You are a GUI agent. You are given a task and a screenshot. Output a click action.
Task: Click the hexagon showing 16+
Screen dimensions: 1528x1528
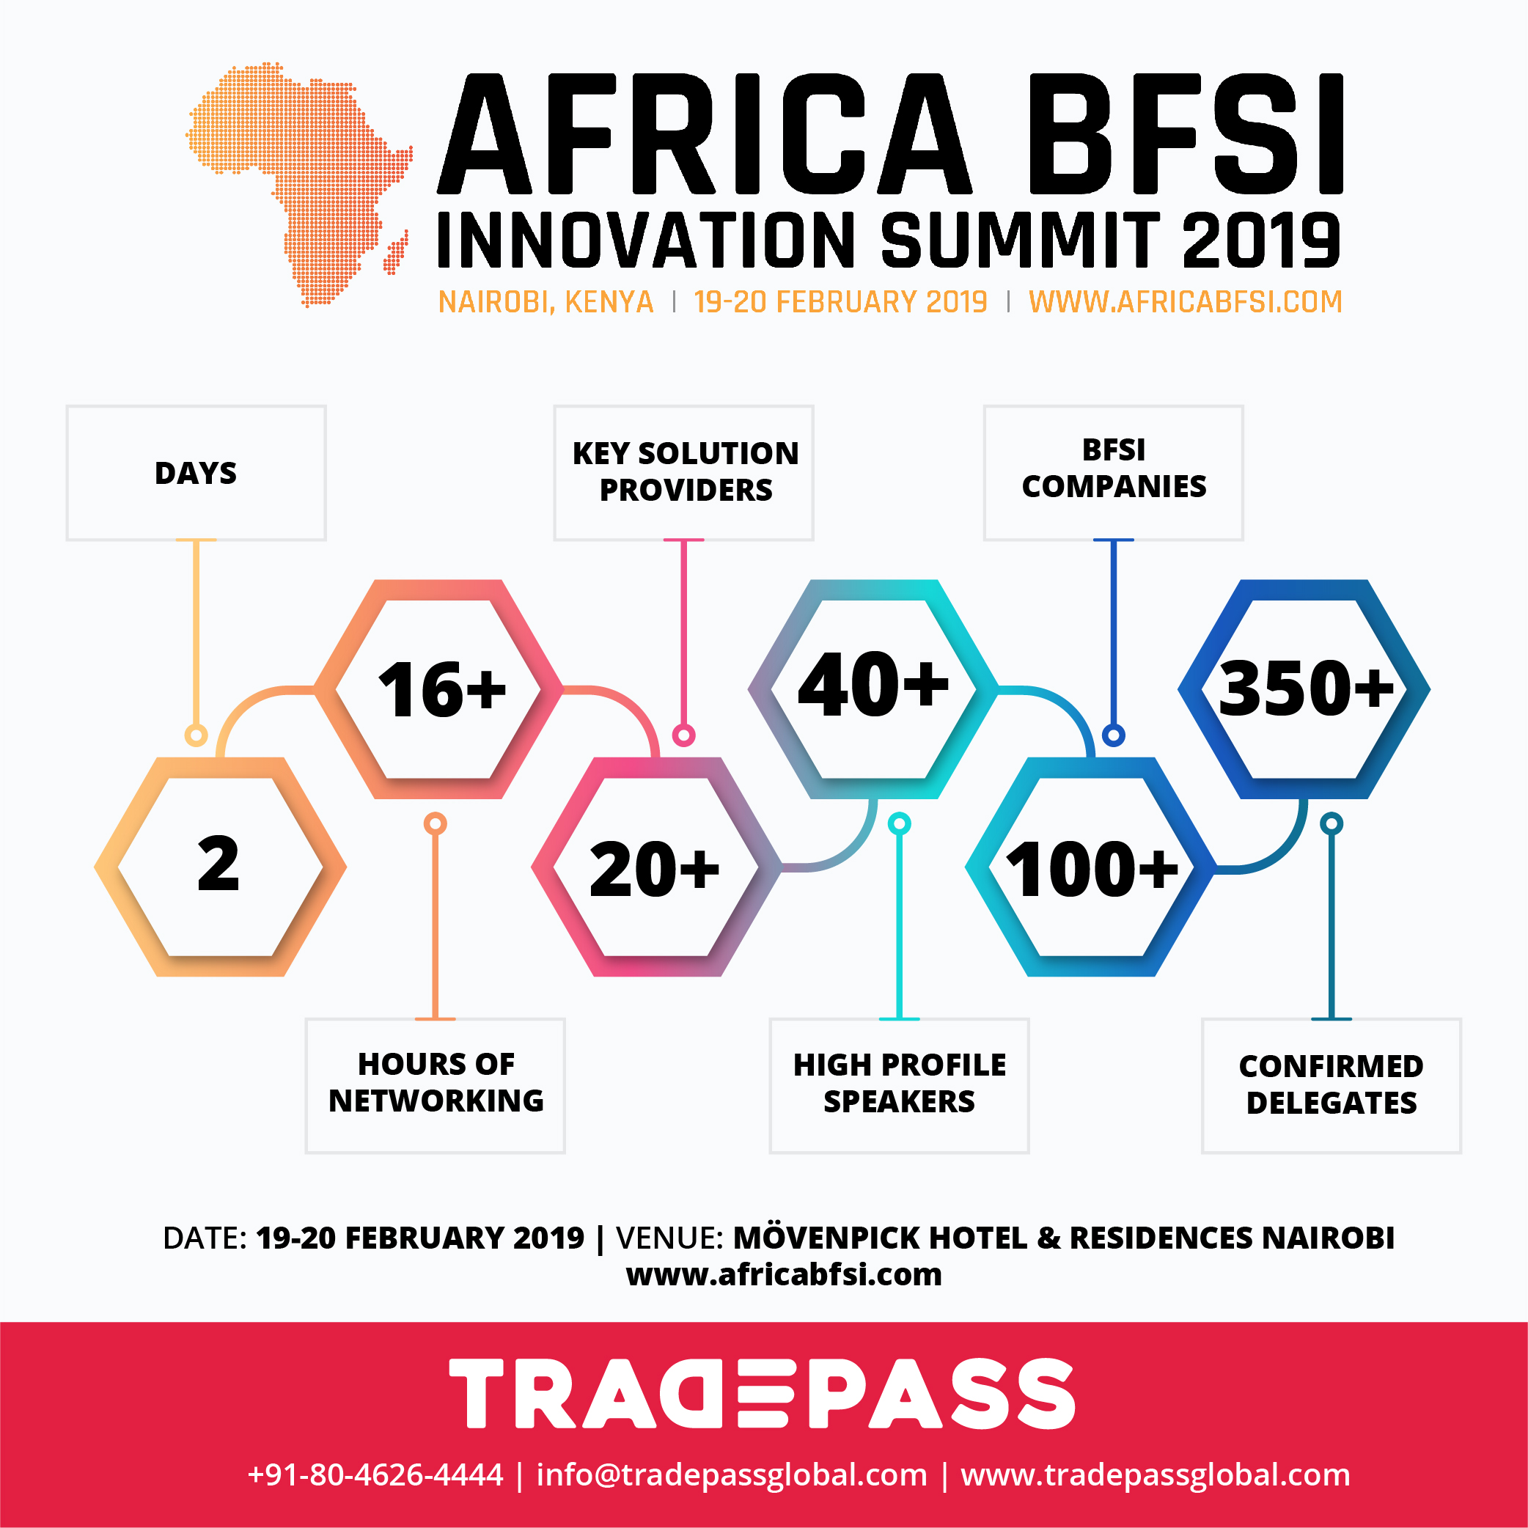click(439, 689)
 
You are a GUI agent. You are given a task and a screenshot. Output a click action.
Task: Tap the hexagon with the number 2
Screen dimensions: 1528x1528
click(220, 867)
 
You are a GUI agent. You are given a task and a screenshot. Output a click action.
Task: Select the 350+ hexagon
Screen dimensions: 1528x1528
click(1304, 689)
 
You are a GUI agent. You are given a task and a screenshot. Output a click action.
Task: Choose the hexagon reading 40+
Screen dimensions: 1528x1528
click(874, 689)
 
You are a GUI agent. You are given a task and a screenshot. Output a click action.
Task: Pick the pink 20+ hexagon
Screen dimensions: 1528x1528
click(657, 867)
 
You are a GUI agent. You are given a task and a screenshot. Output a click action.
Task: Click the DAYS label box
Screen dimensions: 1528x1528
click(196, 473)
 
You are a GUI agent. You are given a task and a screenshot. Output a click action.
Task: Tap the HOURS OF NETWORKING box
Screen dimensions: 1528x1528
click(436, 1085)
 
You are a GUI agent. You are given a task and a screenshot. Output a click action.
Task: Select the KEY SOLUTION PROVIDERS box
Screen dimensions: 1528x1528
click(684, 473)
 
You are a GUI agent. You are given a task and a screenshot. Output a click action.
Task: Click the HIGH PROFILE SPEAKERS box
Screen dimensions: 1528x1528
click(899, 1085)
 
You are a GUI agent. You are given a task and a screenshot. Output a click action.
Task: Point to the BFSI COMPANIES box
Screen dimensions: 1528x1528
click(1114, 473)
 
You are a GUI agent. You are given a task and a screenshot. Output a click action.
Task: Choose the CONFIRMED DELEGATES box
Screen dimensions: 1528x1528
click(1332, 1085)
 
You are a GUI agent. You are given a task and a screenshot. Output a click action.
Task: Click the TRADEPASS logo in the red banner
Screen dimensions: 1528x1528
click(763, 1393)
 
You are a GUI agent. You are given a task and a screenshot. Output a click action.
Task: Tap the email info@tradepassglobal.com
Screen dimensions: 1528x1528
click(732, 1475)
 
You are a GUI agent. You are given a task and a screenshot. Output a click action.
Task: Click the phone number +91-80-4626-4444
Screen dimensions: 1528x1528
click(375, 1475)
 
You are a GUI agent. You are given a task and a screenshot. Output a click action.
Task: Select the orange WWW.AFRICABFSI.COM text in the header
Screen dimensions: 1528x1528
click(1186, 302)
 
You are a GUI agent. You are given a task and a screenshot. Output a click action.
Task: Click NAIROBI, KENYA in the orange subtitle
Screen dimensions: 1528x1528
click(546, 302)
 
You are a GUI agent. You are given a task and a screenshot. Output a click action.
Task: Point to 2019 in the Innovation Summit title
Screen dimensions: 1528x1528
click(1260, 240)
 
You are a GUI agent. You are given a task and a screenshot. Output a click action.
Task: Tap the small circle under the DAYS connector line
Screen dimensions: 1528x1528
click(196, 735)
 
